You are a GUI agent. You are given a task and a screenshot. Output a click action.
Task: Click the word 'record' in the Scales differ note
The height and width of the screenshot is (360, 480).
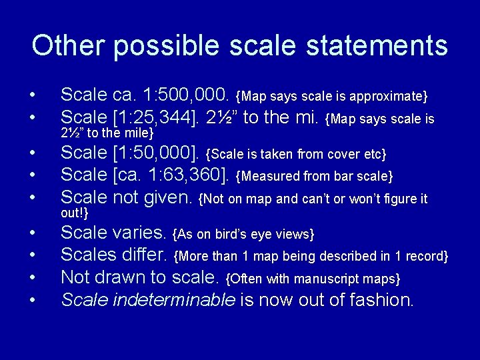425,256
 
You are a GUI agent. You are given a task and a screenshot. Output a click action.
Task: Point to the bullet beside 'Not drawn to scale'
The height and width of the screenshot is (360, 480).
32,278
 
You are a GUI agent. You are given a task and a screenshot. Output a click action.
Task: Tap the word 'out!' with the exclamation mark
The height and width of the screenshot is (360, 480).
75,213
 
